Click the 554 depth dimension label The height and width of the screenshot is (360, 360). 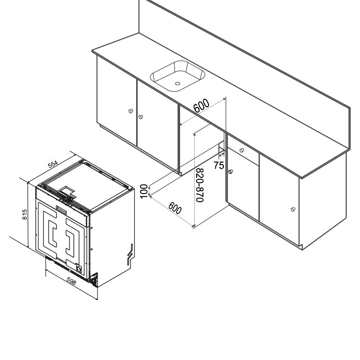(x=53, y=165)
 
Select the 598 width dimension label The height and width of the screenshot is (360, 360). (x=71, y=282)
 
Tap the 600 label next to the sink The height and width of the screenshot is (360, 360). (x=202, y=105)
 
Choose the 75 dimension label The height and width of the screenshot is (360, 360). (x=218, y=165)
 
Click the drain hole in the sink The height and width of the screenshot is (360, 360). (x=178, y=84)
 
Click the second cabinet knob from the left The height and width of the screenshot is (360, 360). (x=140, y=116)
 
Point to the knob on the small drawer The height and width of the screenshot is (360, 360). (x=242, y=150)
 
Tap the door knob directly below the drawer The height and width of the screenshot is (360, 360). (x=230, y=172)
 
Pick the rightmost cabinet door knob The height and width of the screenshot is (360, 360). (x=292, y=209)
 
